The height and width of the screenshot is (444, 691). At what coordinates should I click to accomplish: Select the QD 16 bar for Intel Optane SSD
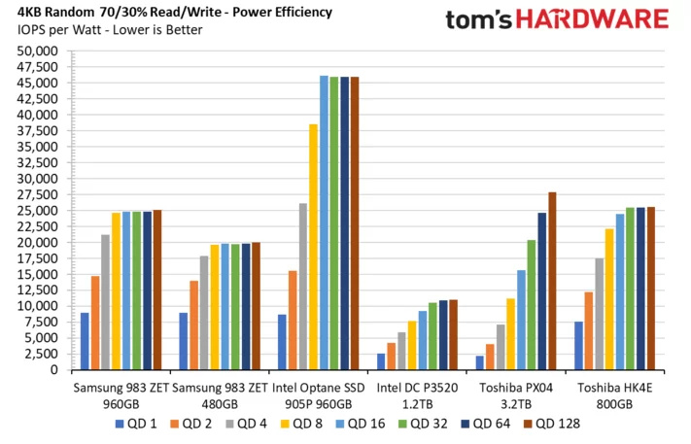pyautogui.click(x=324, y=223)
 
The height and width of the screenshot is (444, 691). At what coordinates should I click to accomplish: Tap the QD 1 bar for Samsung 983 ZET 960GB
pyautogui.click(x=86, y=341)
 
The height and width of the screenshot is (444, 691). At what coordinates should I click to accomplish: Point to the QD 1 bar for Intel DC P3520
pyautogui.click(x=381, y=361)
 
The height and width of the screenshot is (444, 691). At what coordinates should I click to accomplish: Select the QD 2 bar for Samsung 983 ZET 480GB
pyautogui.click(x=194, y=325)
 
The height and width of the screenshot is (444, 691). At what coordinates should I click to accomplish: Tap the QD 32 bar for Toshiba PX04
pyautogui.click(x=532, y=305)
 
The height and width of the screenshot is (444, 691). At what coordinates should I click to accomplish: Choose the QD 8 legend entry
pyautogui.click(x=305, y=424)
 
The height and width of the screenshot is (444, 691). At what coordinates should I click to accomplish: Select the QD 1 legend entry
pyautogui.click(x=134, y=424)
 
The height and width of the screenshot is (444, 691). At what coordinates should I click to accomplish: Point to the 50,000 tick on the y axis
pyautogui.click(x=42, y=51)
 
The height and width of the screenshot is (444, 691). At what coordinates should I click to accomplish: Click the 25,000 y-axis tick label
pyautogui.click(x=42, y=211)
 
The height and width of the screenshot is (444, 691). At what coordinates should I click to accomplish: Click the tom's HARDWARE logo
pyautogui.click(x=557, y=20)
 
